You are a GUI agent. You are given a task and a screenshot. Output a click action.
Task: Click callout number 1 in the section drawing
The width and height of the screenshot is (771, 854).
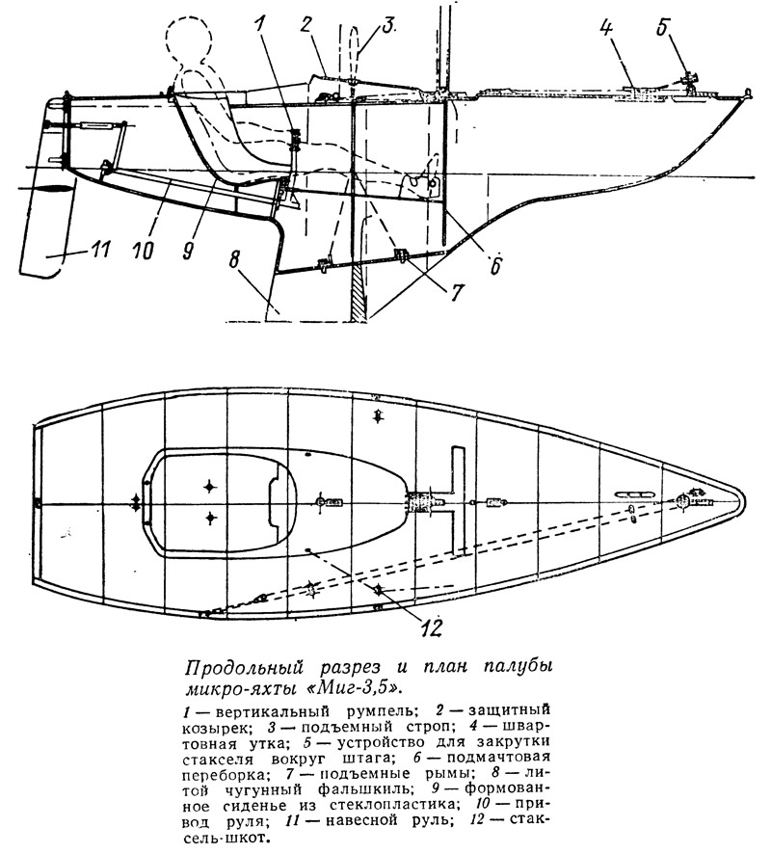click(x=259, y=25)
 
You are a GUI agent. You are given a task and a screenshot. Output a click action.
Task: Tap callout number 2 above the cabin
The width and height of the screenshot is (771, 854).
click(x=307, y=25)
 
